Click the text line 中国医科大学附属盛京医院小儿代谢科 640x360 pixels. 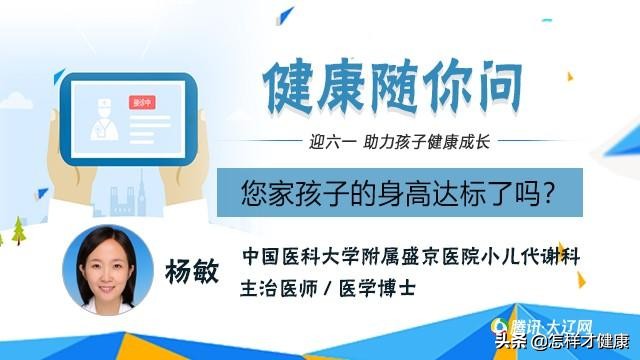pyautogui.click(x=411, y=256)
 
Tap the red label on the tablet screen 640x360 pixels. pyautogui.click(x=142, y=103)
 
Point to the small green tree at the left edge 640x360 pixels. pyautogui.click(x=17, y=231)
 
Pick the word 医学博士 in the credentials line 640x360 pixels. pyautogui.click(x=381, y=285)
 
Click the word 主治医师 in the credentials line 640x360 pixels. pyautogui.click(x=276, y=285)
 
